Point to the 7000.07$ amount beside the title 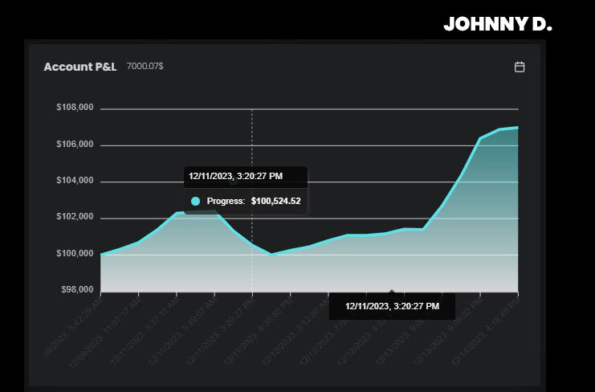[x=145, y=67]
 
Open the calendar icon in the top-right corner [x=520, y=67]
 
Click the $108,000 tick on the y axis [x=75, y=108]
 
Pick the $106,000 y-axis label [x=75, y=145]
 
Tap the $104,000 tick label [x=75, y=181]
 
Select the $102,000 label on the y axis [x=75, y=217]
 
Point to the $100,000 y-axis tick [x=75, y=254]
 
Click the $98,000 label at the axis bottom [x=77, y=289]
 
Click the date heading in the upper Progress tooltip [x=235, y=175]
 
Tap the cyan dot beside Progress [x=195, y=201]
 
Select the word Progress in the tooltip [x=226, y=201]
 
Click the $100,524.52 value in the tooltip [x=275, y=201]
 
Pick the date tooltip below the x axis [x=393, y=306]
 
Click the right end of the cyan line [x=517, y=127]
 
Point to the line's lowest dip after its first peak [x=271, y=254]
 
